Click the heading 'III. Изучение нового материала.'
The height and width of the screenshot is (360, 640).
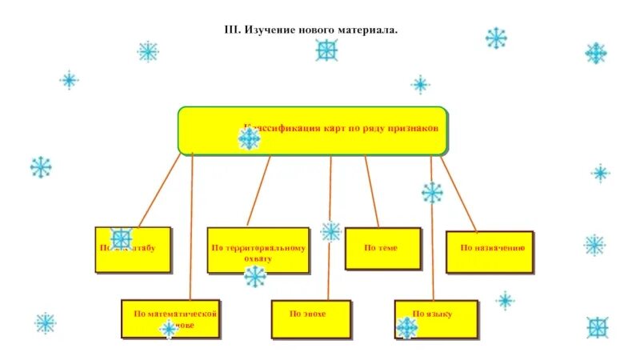point(311,30)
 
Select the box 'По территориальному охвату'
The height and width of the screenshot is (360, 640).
point(258,250)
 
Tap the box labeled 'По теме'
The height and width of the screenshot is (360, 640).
point(382,248)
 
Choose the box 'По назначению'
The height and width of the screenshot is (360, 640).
point(489,251)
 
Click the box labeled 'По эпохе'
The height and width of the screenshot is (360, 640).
point(309,319)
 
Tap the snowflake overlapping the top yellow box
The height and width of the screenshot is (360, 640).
point(250,138)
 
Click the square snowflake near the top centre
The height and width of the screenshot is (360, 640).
point(326,50)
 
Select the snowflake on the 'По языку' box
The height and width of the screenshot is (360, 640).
point(407,327)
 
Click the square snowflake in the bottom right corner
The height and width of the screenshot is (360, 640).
point(597,327)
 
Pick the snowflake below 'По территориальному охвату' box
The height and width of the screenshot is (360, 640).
point(255,277)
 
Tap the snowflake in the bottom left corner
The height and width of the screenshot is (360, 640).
point(46,323)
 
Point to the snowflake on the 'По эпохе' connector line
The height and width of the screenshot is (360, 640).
point(330,231)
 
